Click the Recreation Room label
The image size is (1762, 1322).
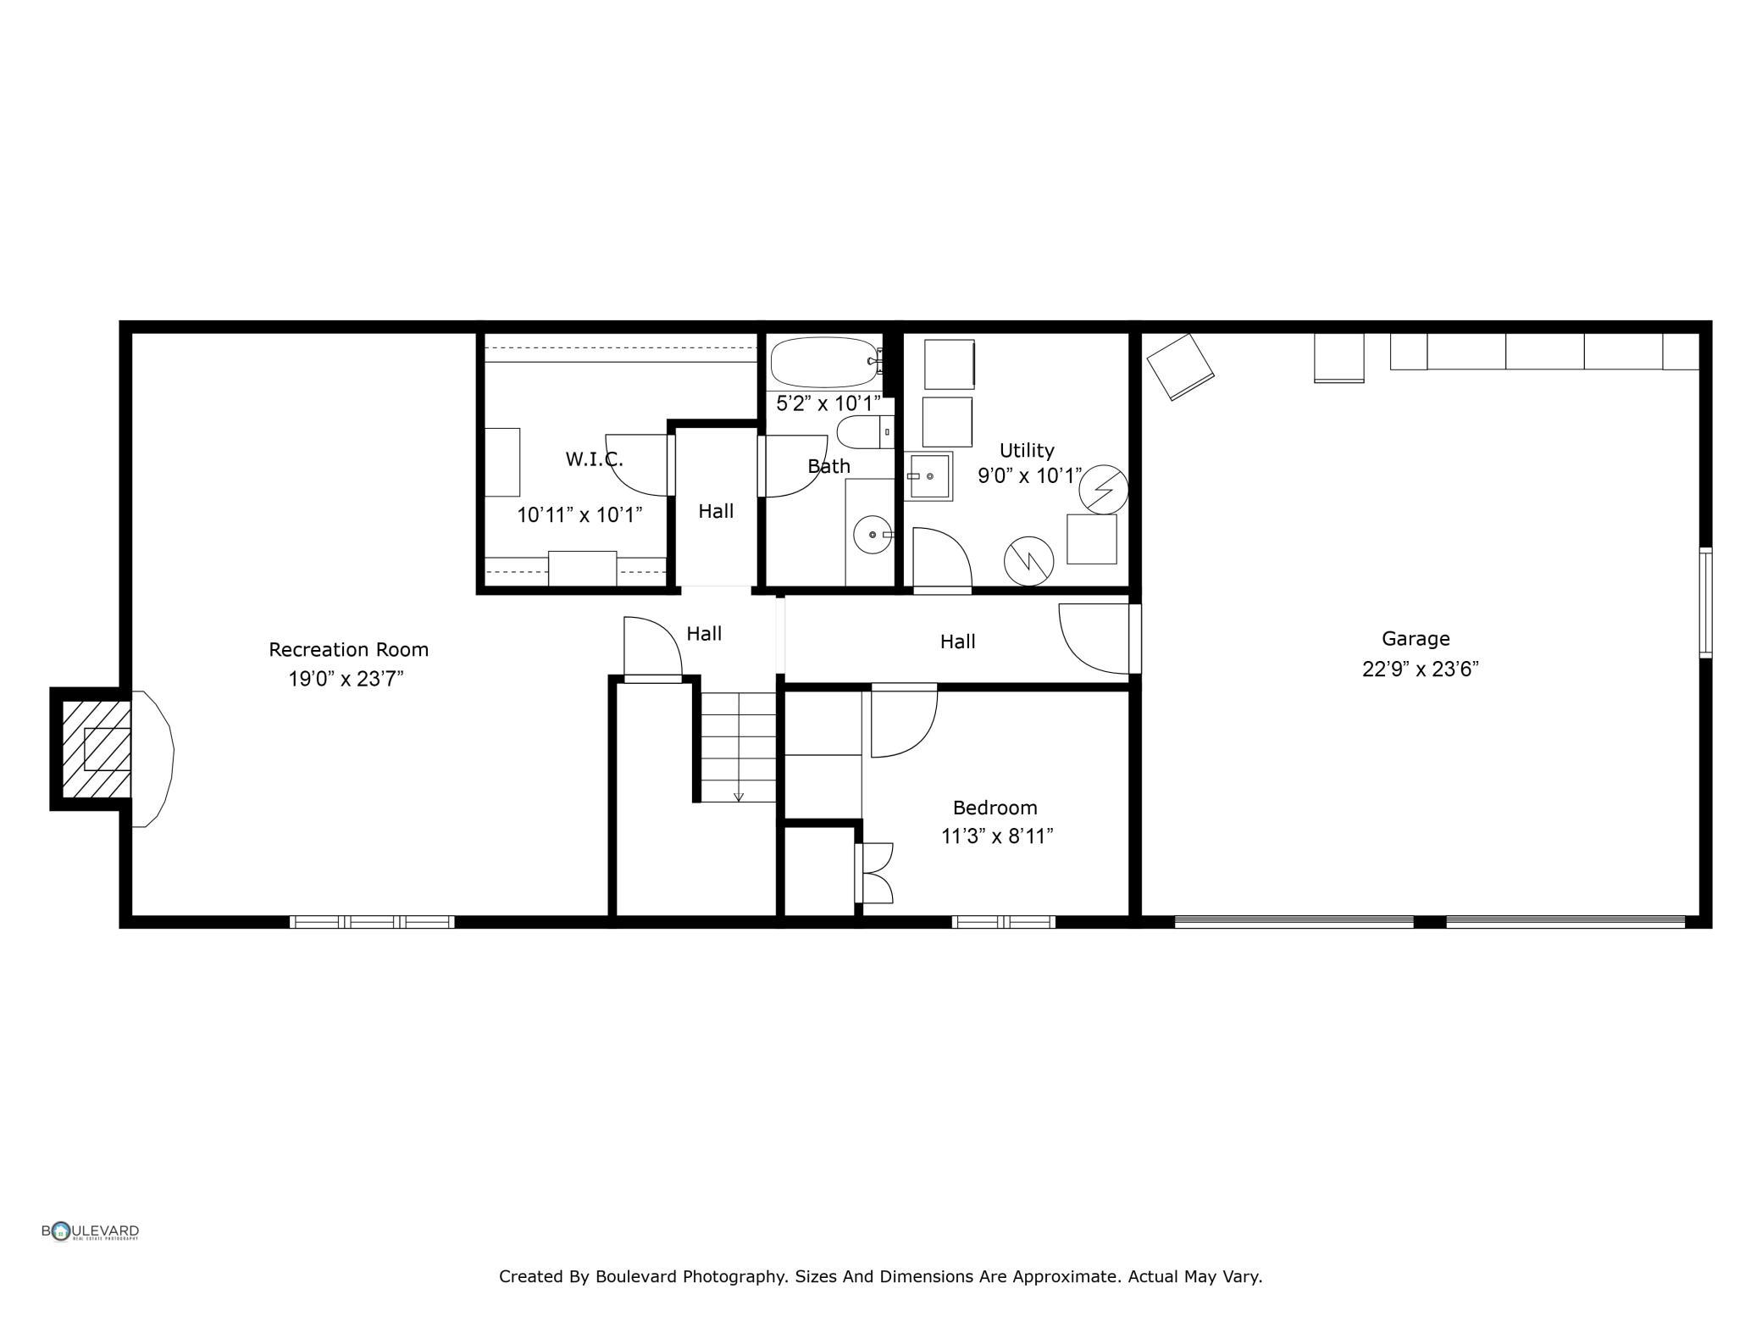pyautogui.click(x=348, y=650)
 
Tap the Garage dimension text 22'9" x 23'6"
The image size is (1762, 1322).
pyautogui.click(x=1420, y=669)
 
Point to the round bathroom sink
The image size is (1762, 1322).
pyautogui.click(x=872, y=535)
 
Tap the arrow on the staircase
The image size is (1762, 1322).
pyautogui.click(x=739, y=796)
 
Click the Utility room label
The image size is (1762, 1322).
pyautogui.click(x=1026, y=451)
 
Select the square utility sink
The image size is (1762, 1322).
pyautogui.click(x=929, y=476)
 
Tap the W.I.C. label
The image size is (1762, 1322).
pyautogui.click(x=594, y=460)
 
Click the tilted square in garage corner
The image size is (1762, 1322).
pyautogui.click(x=1180, y=366)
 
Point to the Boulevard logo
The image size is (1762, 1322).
pyautogui.click(x=90, y=1231)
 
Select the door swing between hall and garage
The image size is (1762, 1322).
pyautogui.click(x=1094, y=639)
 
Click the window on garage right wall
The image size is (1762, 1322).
pyautogui.click(x=1705, y=603)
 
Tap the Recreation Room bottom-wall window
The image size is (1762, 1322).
pyautogui.click(x=372, y=922)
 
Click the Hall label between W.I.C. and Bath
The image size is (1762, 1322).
pyautogui.click(x=716, y=511)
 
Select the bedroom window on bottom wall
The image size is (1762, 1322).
pyautogui.click(x=1003, y=922)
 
